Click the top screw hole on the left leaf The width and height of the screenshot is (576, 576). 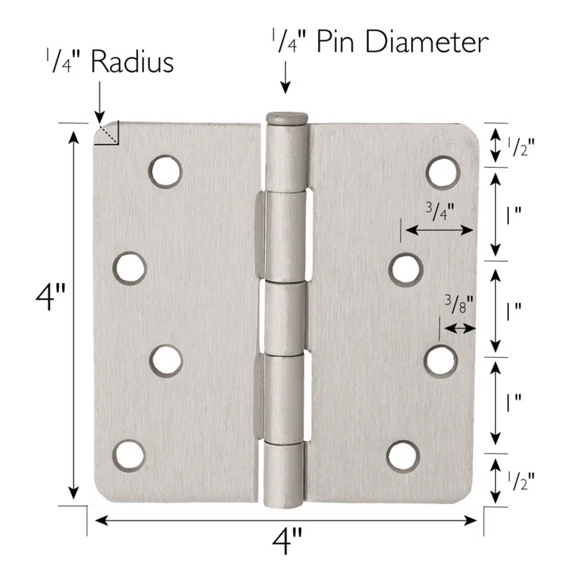pos(166,171)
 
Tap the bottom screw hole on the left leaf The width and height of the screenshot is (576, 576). pos(129,455)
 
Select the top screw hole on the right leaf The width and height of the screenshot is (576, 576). pos(442,171)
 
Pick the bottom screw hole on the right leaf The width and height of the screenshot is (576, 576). pos(403,455)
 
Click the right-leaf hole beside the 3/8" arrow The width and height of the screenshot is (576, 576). pos(441,360)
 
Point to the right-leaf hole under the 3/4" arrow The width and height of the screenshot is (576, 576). pos(405,269)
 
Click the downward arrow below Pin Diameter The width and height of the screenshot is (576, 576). pos(286,78)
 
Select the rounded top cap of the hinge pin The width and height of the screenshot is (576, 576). pos(286,117)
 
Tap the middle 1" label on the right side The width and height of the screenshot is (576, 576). pos(513,311)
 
